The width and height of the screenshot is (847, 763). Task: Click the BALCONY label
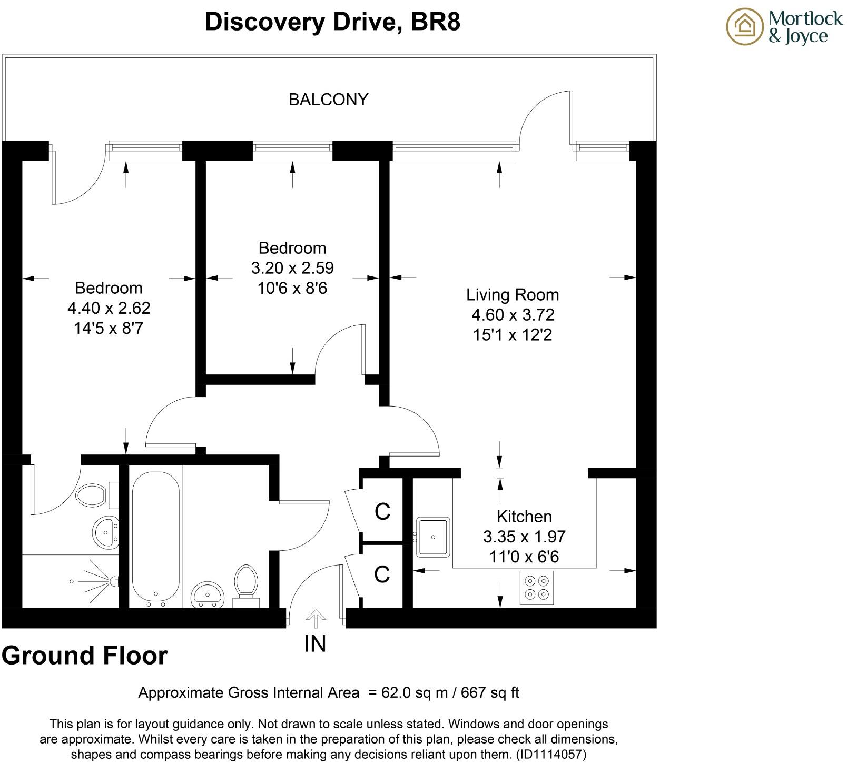point(328,100)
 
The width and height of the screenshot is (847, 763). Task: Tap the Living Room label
point(513,294)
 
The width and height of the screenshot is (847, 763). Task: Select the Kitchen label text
point(525,516)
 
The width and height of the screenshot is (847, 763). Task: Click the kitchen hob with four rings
point(537,587)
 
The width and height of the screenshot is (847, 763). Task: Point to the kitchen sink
point(432,537)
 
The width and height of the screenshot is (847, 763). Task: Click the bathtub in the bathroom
point(156,533)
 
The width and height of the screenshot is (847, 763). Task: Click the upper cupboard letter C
point(382,511)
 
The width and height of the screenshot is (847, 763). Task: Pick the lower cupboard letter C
point(382,574)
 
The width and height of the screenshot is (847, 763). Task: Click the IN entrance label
point(315,643)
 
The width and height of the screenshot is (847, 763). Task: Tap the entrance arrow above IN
point(315,619)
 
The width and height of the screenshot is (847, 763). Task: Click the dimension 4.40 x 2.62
point(109,308)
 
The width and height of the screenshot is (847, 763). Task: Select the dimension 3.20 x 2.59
point(292,268)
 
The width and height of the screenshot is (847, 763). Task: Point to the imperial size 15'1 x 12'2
point(513,335)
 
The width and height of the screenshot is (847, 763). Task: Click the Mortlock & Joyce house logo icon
point(745,27)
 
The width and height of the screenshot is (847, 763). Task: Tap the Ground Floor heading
point(85,656)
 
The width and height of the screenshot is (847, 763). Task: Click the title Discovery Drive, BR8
point(332,22)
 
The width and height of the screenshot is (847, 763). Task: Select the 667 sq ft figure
point(490,692)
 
